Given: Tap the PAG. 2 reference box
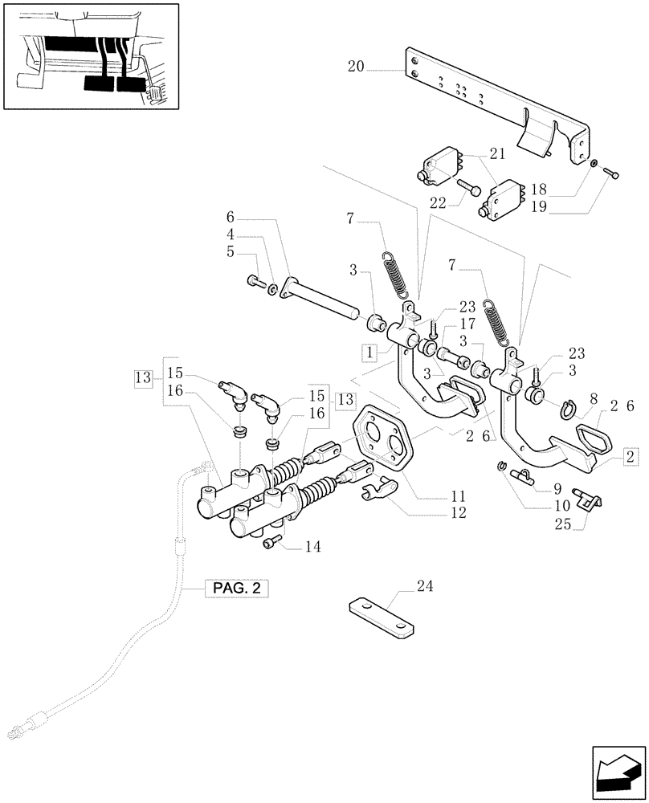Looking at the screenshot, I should point(236,589).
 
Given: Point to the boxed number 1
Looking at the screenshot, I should point(368,351).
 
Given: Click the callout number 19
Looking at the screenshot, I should point(561,207).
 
